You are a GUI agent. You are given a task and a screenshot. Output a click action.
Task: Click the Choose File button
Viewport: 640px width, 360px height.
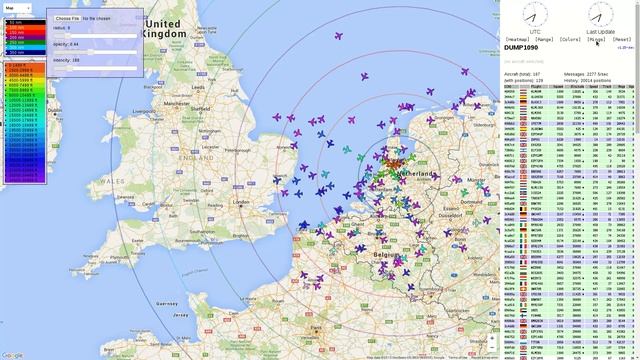click(67, 18)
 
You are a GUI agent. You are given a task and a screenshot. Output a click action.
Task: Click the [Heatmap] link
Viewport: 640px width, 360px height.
click(518, 39)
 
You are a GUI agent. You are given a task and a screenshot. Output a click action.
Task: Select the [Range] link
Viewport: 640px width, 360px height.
click(544, 39)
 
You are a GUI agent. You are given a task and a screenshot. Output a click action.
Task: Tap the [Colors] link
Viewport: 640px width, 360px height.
click(571, 39)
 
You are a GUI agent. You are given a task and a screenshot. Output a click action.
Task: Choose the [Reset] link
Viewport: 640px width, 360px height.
click(622, 39)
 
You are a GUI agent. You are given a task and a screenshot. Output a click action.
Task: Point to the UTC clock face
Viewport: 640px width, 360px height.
click(534, 14)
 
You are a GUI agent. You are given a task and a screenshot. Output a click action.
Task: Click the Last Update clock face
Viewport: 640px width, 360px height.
click(600, 14)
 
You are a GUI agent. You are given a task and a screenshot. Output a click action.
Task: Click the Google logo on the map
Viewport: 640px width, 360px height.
click(12, 354)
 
